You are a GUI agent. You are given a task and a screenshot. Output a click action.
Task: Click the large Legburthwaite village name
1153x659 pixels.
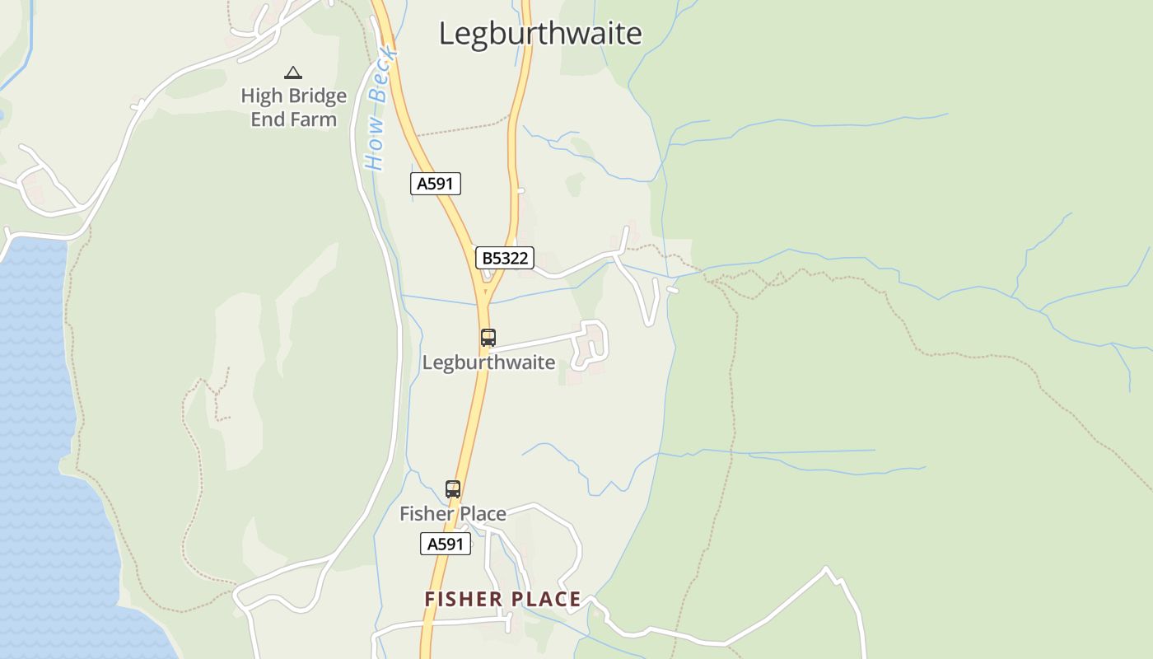(x=539, y=34)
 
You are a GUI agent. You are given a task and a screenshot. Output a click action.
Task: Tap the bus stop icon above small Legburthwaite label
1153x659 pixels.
(x=488, y=337)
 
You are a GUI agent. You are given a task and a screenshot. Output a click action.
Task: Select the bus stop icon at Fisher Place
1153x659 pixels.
(x=453, y=488)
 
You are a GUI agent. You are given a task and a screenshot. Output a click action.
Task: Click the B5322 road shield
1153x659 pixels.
(x=505, y=259)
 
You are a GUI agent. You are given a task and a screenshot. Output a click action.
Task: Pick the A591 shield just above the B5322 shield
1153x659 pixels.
(x=435, y=184)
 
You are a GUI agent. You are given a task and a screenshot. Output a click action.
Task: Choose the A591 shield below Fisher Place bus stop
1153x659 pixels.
(x=446, y=544)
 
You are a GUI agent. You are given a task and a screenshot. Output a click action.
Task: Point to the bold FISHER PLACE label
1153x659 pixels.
(x=502, y=600)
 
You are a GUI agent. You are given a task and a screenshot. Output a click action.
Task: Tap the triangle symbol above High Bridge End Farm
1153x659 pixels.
(x=293, y=73)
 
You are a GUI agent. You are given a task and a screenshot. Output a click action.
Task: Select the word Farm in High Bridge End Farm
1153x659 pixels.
(x=316, y=119)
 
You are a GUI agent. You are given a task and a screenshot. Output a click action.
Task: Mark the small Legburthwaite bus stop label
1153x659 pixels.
(x=488, y=362)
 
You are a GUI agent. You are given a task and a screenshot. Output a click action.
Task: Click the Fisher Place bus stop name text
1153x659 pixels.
(x=453, y=514)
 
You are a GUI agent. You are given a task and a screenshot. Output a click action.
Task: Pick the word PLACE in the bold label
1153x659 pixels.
(x=546, y=600)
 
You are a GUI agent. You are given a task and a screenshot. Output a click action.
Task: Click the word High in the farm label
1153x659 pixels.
(x=261, y=96)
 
